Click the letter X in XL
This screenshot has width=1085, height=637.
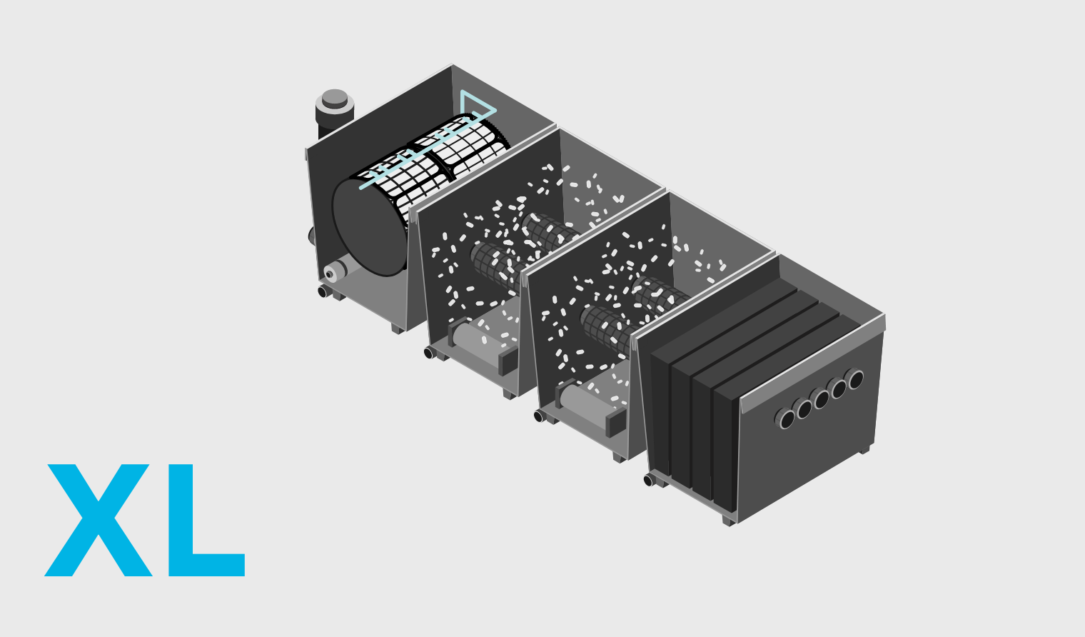tap(99, 521)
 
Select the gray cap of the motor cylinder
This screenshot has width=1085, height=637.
tap(335, 99)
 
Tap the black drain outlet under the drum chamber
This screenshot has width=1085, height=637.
tap(323, 291)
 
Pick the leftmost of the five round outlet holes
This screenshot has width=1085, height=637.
tap(784, 418)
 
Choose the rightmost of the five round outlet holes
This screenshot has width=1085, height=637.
tap(854, 379)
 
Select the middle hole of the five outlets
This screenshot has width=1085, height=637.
tap(821, 398)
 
